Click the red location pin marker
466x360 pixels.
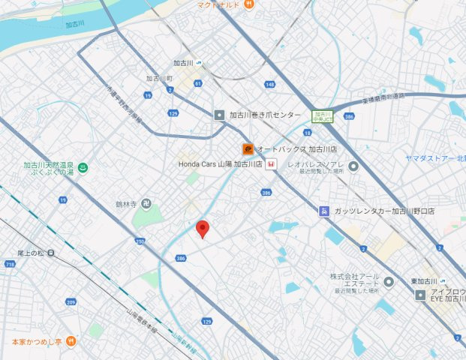pos(202,229)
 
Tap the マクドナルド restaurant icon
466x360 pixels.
pos(250,5)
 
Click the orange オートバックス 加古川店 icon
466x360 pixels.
pos(247,148)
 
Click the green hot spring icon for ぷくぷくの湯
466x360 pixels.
pos(83,167)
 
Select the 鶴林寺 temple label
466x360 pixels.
pos(125,203)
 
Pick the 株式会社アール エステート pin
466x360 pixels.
pos(388,283)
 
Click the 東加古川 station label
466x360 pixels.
pos(424,281)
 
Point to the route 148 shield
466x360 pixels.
pos(269,85)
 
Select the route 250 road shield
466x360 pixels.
pos(140,241)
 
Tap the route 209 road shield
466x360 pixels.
pos(71,302)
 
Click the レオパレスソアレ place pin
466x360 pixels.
pos(353,166)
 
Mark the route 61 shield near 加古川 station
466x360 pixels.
pos(198,84)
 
